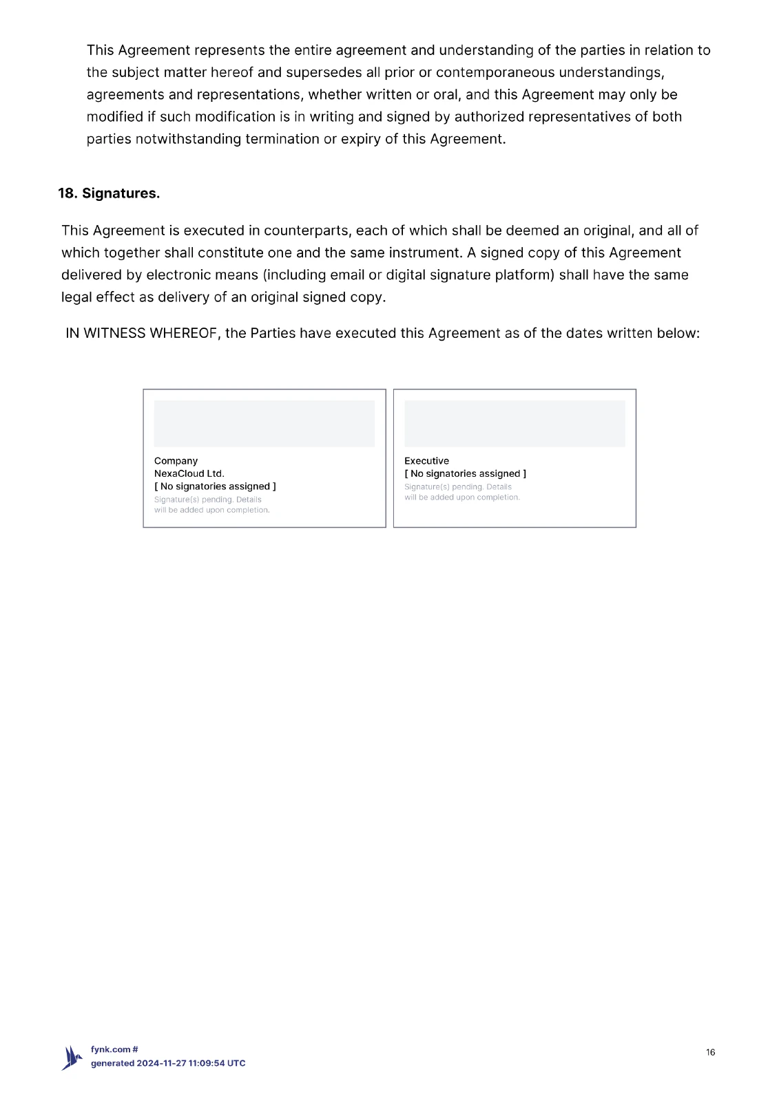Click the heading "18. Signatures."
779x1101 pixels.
coord(109,193)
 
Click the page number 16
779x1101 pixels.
coord(710,1052)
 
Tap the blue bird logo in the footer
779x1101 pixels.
coord(72,1058)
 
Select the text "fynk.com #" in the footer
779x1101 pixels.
coord(114,1049)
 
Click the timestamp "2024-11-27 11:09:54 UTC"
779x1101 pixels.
coord(191,1063)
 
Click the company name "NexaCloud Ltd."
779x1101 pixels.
coord(189,473)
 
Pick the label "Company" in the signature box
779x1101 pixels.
coord(176,461)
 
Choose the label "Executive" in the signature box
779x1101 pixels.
coord(426,461)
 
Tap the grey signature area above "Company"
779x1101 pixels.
coord(264,424)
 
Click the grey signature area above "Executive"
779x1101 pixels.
coord(515,424)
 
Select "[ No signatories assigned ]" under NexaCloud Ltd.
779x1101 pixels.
coord(215,487)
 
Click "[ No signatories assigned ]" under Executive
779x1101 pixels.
coord(465,473)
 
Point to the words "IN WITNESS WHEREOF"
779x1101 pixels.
coord(141,334)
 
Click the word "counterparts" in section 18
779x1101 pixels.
coord(307,231)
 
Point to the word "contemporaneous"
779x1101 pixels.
coord(495,73)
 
